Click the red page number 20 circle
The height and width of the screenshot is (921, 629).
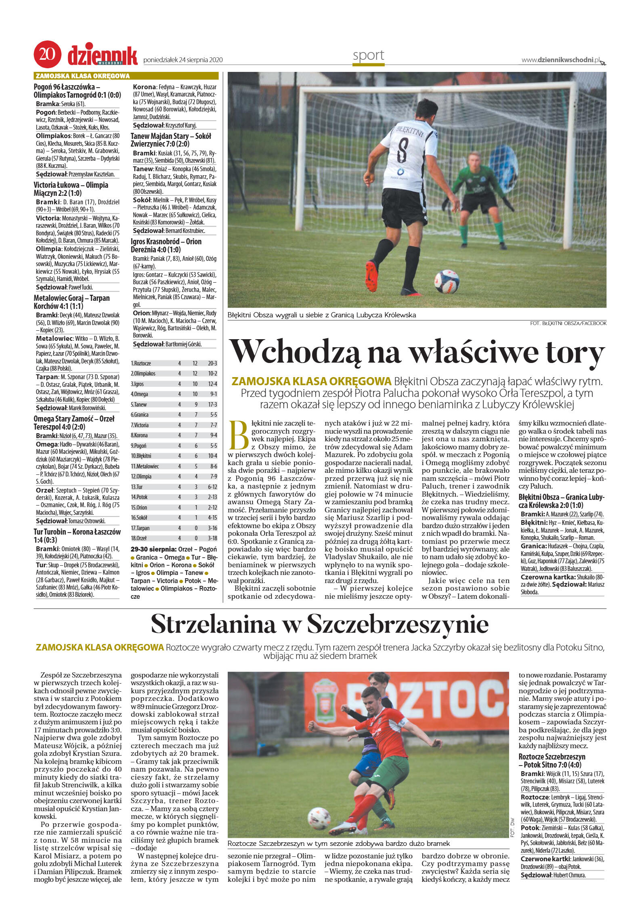click(47, 54)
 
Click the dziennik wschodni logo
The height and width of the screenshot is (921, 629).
click(103, 56)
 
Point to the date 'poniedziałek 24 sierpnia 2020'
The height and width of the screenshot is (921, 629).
click(183, 60)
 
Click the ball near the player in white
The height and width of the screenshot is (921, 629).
click(447, 281)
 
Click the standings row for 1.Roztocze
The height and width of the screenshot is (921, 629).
click(174, 363)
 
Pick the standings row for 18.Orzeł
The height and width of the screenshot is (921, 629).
click(174, 538)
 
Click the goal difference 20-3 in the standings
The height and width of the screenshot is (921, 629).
click(212, 363)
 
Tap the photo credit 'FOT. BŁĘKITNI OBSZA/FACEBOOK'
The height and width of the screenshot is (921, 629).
click(568, 323)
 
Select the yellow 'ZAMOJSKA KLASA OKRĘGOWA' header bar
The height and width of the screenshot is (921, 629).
click(126, 76)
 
